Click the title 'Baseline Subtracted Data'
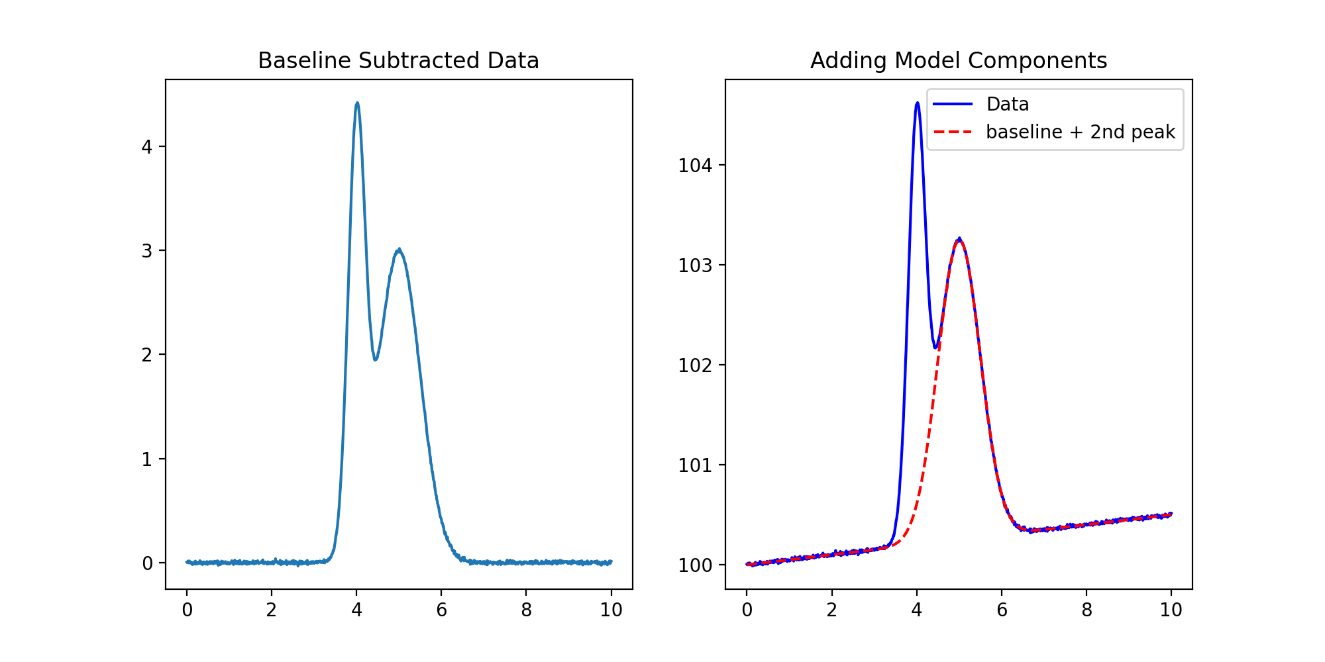point(398,61)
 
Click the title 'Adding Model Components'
point(959,61)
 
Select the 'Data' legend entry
point(1007,105)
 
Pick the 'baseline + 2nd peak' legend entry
point(1080,132)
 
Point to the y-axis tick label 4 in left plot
point(146,147)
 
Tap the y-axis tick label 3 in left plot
point(146,251)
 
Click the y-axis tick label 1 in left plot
point(146,459)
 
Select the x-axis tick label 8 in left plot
point(526,610)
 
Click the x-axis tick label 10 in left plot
point(611,610)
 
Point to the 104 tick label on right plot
point(695,165)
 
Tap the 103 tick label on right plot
point(695,265)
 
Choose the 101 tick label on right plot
point(695,465)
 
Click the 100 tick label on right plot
point(695,565)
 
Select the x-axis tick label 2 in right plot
point(831,610)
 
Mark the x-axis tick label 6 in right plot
point(1002,610)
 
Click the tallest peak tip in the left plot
point(357,103)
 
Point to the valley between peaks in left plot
point(375,359)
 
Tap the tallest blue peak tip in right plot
point(917,103)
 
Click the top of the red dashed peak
point(959,240)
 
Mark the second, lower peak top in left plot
point(399,250)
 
